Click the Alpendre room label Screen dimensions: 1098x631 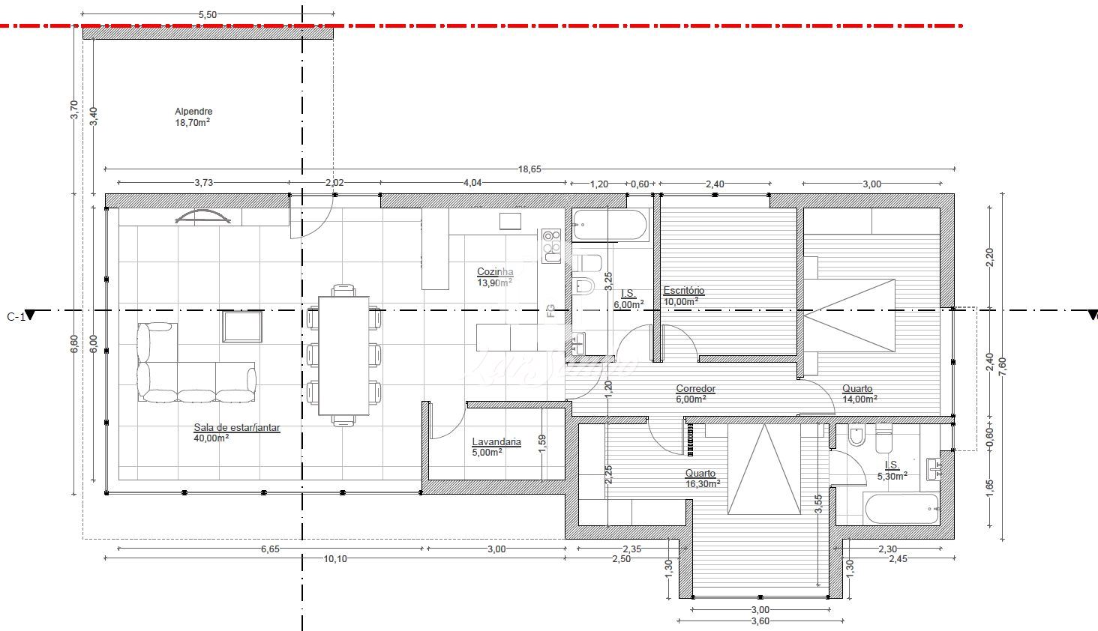tap(193, 112)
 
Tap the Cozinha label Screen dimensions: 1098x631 tap(495, 271)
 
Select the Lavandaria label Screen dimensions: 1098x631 tap(496, 441)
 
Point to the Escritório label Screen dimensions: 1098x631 tap(684, 291)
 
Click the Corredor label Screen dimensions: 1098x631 tap(695, 388)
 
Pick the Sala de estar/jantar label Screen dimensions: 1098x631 tap(237, 427)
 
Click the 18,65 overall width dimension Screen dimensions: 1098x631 tap(530, 169)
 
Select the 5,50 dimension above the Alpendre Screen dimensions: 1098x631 tap(207, 15)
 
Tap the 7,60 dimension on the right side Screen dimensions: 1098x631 tap(1002, 366)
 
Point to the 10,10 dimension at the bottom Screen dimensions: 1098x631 tap(335, 558)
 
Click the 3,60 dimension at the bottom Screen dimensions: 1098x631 tap(760, 621)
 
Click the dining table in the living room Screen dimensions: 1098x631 tap(343, 355)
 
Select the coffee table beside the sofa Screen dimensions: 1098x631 tap(242, 326)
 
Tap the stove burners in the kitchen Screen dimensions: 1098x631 tap(551, 246)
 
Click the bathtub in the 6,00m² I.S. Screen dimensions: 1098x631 tap(609, 226)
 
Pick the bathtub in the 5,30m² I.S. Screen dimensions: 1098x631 tap(902, 509)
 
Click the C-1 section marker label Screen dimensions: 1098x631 tap(16, 317)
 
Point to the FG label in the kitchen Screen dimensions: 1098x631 tap(550, 310)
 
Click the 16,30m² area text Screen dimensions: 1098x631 tap(703, 484)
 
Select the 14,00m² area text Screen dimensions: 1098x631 tap(859, 399)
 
